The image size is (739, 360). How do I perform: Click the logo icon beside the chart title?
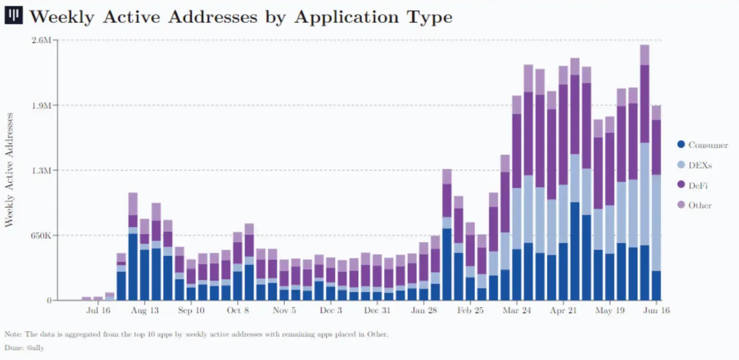(x=13, y=16)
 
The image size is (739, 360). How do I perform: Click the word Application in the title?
(x=346, y=17)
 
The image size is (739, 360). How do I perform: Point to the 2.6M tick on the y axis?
(x=41, y=40)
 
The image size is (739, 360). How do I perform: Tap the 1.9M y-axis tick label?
(x=41, y=106)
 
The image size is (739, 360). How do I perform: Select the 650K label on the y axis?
(x=40, y=236)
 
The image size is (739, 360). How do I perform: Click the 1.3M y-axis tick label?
(x=41, y=171)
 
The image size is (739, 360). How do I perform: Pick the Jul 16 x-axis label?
(x=98, y=311)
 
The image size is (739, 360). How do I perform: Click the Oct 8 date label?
(x=238, y=311)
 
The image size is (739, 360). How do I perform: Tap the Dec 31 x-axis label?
(x=377, y=311)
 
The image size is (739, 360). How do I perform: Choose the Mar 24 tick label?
(x=517, y=311)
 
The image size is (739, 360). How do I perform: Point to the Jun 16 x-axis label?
(x=656, y=311)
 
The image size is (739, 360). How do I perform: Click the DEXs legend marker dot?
(x=681, y=165)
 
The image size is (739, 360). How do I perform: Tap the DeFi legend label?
(x=698, y=185)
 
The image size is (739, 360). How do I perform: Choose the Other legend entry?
(x=700, y=205)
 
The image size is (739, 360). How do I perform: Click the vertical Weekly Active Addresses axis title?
(x=9, y=170)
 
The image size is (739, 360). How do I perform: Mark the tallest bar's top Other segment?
(x=645, y=55)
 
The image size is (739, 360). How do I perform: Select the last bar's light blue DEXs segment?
(x=656, y=223)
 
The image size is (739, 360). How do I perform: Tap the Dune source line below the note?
(x=24, y=348)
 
